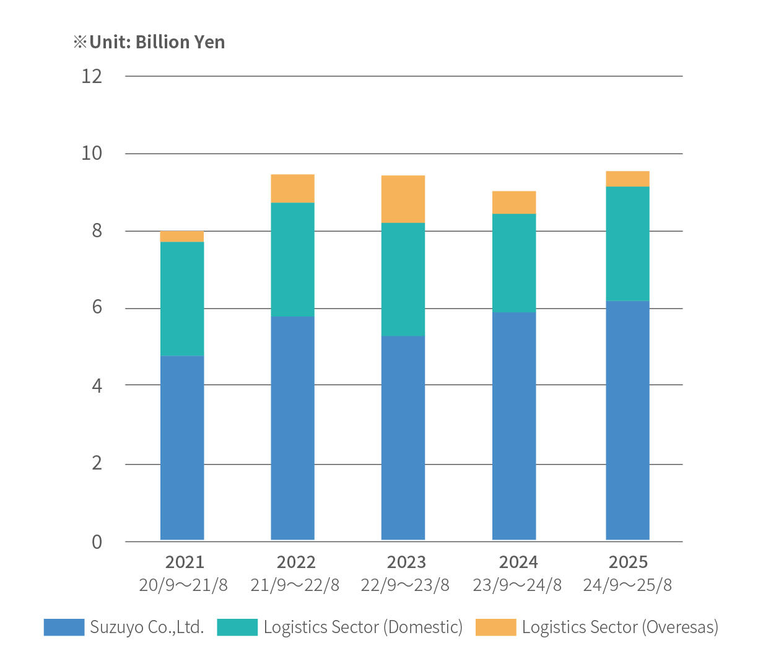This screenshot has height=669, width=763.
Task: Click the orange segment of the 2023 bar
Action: point(403,199)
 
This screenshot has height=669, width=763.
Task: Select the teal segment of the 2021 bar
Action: point(182,299)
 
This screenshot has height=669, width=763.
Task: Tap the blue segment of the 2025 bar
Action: point(627,420)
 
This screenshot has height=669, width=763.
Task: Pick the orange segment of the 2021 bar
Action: point(182,236)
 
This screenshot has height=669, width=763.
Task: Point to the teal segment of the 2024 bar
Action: point(514,263)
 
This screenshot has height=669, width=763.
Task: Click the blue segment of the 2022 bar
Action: point(292,427)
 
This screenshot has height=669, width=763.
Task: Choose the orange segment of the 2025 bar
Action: point(627,178)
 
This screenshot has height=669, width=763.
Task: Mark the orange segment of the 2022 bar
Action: point(292,188)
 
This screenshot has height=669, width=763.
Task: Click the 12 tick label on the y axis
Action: point(92,76)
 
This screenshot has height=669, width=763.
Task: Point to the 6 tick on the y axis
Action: point(97,307)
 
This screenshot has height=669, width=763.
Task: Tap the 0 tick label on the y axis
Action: point(97,542)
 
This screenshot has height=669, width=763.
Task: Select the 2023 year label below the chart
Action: point(406,562)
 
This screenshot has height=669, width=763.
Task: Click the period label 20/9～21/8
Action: point(183,585)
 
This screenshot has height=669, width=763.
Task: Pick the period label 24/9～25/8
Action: point(627,585)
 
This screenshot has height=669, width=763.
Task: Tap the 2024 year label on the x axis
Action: point(518,562)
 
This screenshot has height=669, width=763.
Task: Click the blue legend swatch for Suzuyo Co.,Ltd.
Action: point(64,627)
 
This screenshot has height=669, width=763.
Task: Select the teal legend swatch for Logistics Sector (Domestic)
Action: point(237,627)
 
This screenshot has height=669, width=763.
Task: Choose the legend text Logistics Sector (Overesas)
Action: point(620,627)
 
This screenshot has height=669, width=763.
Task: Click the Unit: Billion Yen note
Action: point(149,42)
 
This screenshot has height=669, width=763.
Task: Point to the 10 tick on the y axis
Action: point(92,153)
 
